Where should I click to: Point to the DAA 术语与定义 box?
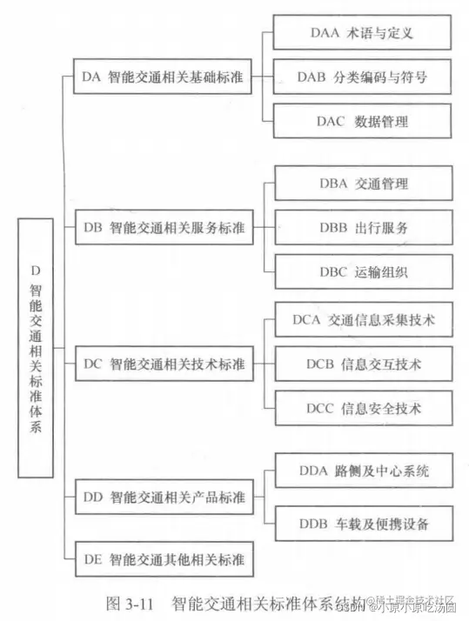(361, 35)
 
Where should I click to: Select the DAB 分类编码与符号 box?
(361, 78)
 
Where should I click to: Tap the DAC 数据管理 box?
(361, 121)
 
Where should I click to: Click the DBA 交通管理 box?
(361, 184)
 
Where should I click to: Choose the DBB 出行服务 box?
(361, 228)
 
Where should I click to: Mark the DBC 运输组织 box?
(361, 271)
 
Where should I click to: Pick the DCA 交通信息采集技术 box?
(361, 320)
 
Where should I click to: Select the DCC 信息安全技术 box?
(361, 406)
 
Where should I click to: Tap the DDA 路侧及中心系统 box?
(361, 472)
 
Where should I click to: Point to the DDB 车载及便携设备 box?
(361, 524)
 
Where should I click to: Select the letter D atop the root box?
(36, 270)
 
